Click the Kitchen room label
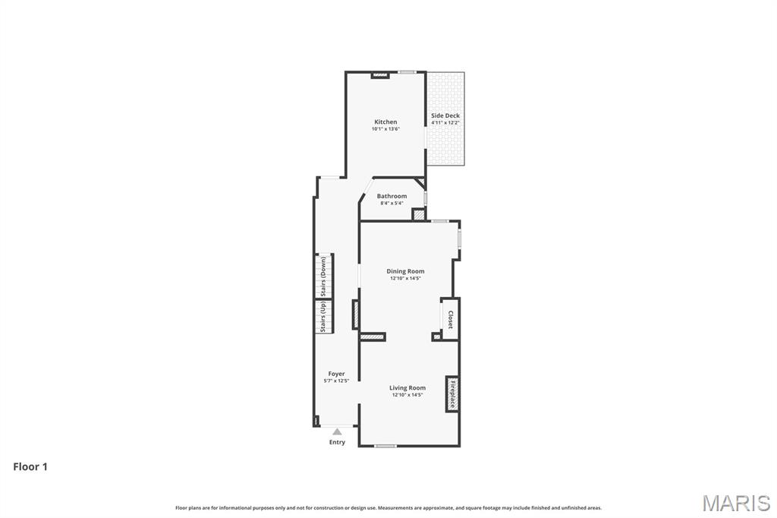(x=385, y=122)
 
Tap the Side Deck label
(x=445, y=115)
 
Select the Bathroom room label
(x=392, y=196)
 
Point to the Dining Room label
(x=405, y=271)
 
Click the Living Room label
(x=407, y=388)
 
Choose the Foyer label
(x=336, y=374)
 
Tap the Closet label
(x=450, y=320)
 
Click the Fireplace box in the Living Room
(x=451, y=394)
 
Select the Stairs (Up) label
(x=323, y=317)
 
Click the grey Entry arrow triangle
(x=337, y=431)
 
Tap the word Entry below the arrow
(x=337, y=442)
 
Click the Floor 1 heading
(x=30, y=467)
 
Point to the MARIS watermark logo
(x=736, y=503)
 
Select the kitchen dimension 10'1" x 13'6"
(x=385, y=129)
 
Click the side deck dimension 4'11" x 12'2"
(x=445, y=123)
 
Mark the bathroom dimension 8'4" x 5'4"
(x=392, y=203)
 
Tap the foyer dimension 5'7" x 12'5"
(x=336, y=381)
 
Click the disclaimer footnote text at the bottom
(x=388, y=507)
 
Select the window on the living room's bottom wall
(x=385, y=446)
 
